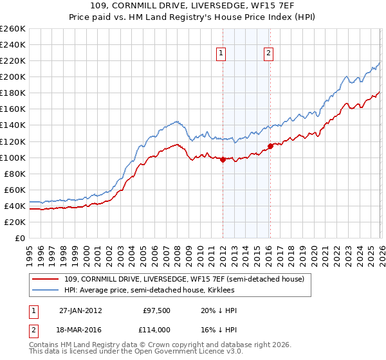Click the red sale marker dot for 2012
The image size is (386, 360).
[x=223, y=159]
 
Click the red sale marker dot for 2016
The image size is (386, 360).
[x=270, y=146]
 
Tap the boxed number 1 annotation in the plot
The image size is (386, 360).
[x=221, y=54]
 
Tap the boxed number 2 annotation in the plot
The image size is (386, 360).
[x=268, y=54]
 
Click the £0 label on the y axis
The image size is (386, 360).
[x=20, y=238]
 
